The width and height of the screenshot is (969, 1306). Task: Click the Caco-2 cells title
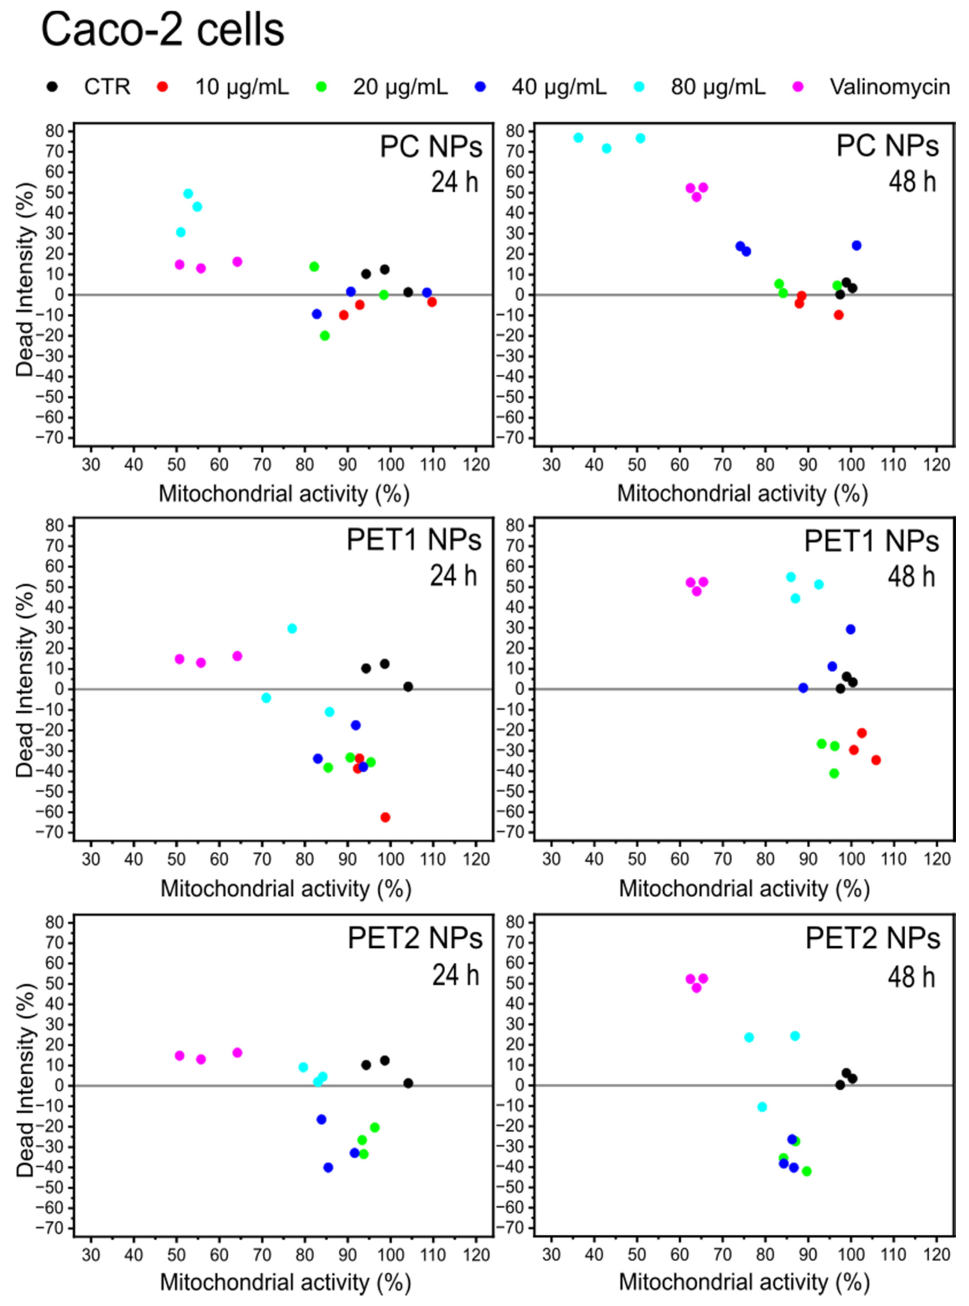163,30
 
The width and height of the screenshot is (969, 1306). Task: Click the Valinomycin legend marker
798,87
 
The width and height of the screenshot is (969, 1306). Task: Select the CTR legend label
107,87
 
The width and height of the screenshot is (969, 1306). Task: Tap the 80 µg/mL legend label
718,87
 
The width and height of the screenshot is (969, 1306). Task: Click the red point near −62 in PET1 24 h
385,817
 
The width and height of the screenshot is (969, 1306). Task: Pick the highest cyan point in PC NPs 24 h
188,194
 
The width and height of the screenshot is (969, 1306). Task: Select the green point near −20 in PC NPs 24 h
325,335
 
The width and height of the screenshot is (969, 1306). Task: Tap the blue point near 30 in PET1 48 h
851,629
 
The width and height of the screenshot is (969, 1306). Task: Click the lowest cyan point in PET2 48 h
762,1107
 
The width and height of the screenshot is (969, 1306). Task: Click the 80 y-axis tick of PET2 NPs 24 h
54,923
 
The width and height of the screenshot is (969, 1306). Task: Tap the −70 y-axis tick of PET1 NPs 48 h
514,832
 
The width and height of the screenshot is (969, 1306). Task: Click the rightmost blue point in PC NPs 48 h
856,245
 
